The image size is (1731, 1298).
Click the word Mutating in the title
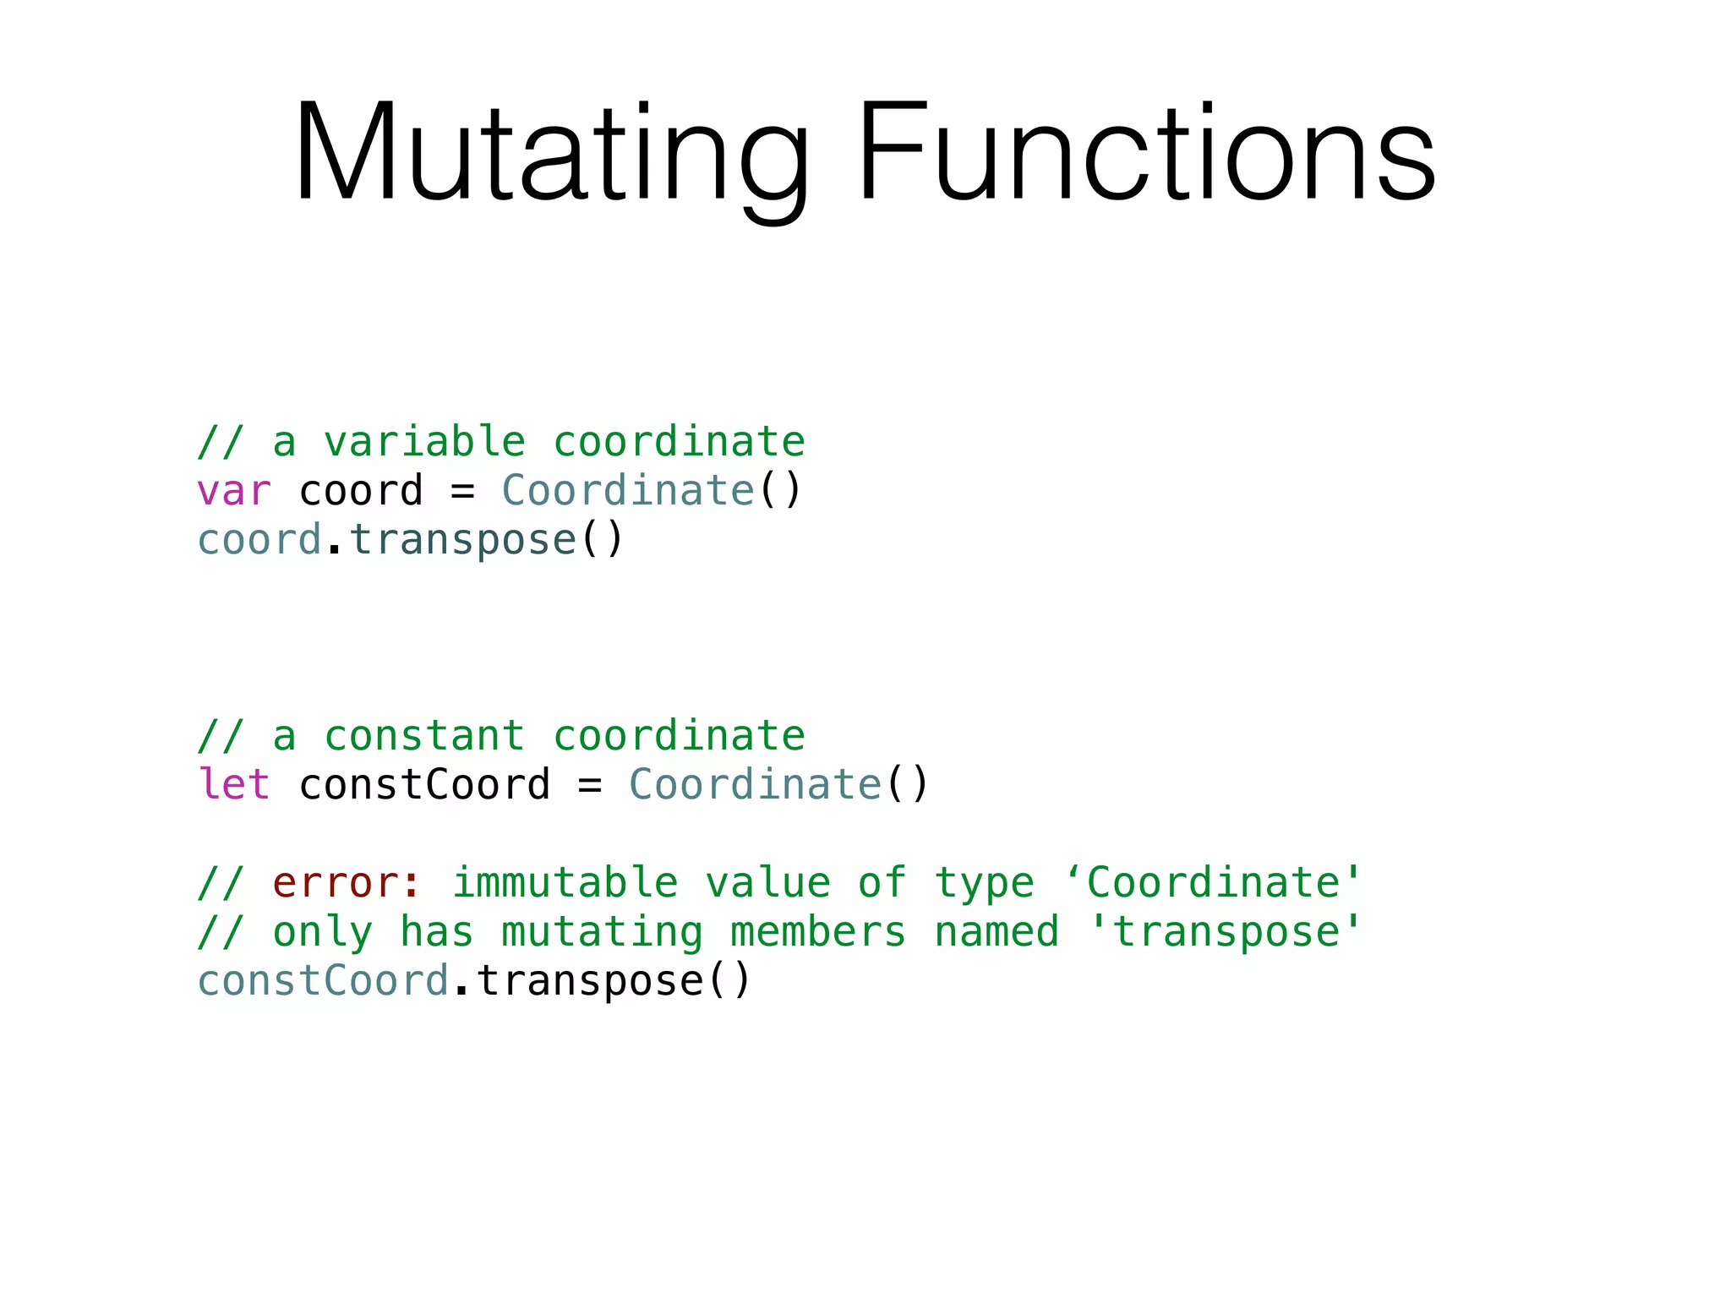[x=550, y=154]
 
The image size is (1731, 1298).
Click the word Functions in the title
[x=1146, y=154]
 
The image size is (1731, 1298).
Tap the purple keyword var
[x=233, y=491]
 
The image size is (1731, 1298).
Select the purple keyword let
[x=233, y=784]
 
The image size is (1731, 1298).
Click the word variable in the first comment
[x=424, y=442]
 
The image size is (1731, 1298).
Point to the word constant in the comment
[x=424, y=735]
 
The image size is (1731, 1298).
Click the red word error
[x=336, y=883]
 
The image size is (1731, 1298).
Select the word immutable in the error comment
[x=565, y=883]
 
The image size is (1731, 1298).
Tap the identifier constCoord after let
[x=424, y=784]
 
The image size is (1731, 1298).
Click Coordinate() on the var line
[x=651, y=491]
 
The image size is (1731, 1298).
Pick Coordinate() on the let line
[x=778, y=784]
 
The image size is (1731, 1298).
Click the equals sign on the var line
[x=462, y=491]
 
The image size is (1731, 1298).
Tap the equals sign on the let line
[x=590, y=784]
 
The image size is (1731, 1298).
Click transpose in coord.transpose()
[x=462, y=540]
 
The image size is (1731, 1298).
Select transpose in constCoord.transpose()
[x=590, y=981]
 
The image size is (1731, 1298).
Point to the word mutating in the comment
[x=602, y=932]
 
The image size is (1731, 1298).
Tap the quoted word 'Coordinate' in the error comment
[x=1214, y=883]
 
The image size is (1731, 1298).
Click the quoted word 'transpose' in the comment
[x=1226, y=932]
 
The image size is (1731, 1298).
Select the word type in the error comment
[x=984, y=883]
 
